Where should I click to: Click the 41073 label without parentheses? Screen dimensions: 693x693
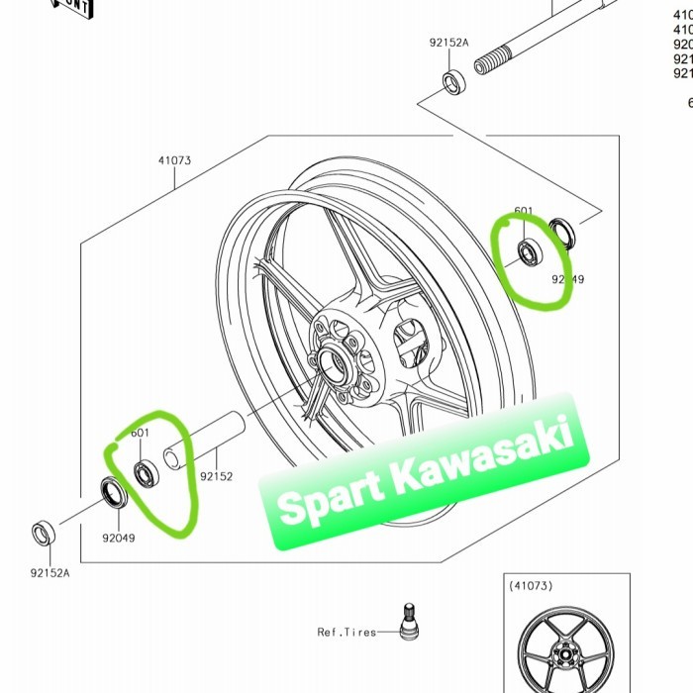pyautogui.click(x=173, y=159)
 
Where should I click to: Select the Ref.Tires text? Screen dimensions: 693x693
pyautogui.click(x=346, y=632)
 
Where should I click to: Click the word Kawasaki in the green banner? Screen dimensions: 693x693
pyautogui.click(x=484, y=459)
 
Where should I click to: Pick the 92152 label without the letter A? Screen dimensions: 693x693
pyautogui.click(x=216, y=476)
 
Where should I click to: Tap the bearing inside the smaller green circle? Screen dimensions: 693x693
pyautogui.click(x=531, y=252)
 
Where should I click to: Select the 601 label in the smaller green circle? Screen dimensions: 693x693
pyautogui.click(x=524, y=211)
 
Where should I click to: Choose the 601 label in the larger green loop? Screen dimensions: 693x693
pyautogui.click(x=140, y=434)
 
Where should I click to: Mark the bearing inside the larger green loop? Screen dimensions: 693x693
pyautogui.click(x=146, y=474)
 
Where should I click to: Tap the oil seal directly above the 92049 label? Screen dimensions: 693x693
pyautogui.click(x=111, y=491)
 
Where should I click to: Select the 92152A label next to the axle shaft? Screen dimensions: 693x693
pyautogui.click(x=449, y=44)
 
